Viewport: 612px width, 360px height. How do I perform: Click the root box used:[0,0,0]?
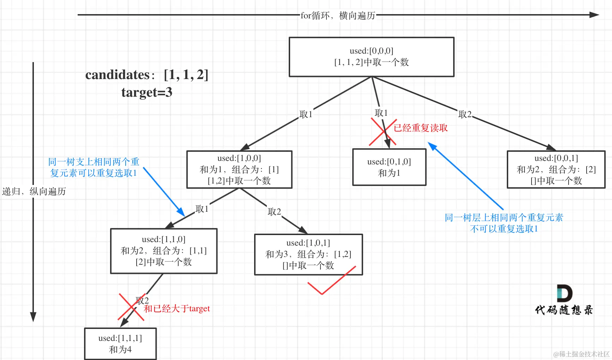coord(371,57)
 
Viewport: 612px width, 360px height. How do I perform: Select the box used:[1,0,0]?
coord(239,169)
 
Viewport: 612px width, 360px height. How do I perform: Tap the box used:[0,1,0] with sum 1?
coord(389,167)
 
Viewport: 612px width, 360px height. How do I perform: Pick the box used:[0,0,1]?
coord(556,169)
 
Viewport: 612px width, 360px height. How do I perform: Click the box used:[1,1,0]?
coord(164,251)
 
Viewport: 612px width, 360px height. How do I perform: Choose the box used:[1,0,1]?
coord(308,254)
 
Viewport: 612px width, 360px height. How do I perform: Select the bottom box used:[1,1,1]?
coord(120,343)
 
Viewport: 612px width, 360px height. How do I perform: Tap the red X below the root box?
coord(383,132)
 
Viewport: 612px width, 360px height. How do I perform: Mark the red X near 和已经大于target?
coord(131,307)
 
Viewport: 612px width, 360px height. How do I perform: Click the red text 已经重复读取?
coord(421,128)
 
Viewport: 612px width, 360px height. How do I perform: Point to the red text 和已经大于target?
coord(177,309)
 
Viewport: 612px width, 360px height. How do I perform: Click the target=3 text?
coord(147,92)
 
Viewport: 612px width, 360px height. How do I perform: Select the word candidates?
coord(118,75)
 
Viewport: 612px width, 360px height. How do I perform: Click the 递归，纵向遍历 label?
coord(34,191)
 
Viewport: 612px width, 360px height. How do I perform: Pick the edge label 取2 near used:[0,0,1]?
coord(464,114)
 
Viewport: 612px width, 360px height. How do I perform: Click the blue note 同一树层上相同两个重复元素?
coord(504,217)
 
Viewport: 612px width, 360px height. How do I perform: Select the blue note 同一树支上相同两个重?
coord(94,162)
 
